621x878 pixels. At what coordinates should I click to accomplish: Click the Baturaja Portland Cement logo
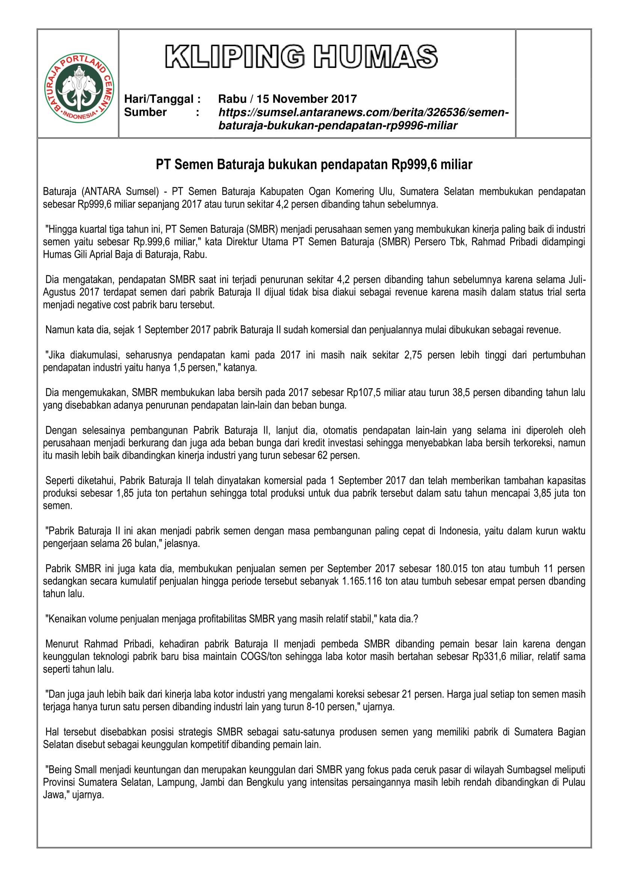pos(79,88)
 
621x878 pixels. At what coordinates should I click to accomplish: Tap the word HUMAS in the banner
pos(375,57)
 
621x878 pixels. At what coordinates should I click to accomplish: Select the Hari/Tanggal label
pos(163,99)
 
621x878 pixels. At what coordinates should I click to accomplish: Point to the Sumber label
pos(145,113)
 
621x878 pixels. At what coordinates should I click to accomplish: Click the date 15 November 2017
pos(306,99)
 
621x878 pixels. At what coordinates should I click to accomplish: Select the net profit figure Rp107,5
pos(363,393)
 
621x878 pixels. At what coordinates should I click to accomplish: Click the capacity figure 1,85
pos(125,493)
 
